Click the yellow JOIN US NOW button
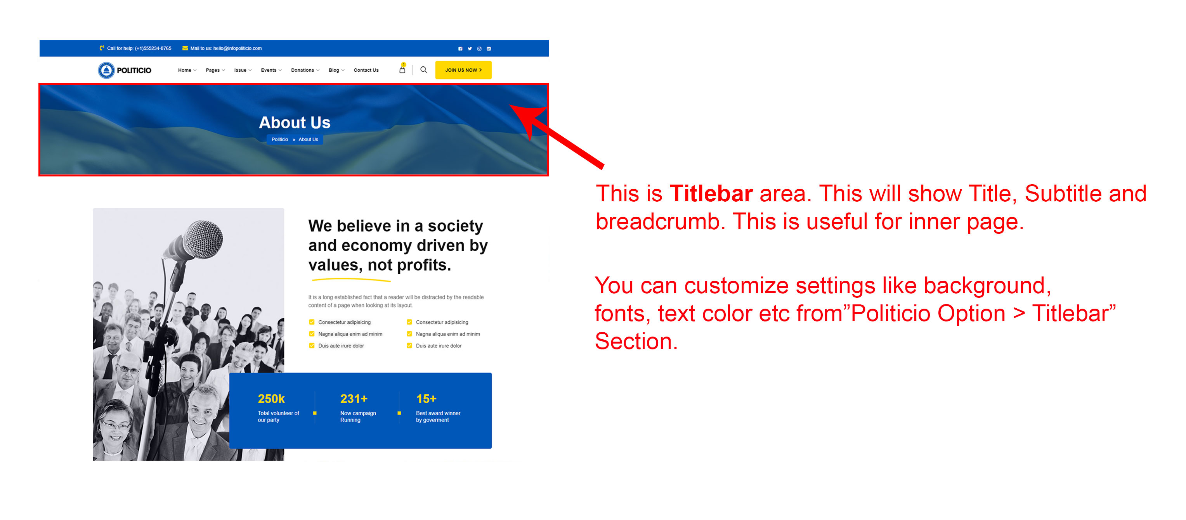pos(463,70)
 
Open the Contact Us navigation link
pos(366,70)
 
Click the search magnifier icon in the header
pos(423,70)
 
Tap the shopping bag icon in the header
pos(402,69)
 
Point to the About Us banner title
pos(295,123)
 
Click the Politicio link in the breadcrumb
pos(279,140)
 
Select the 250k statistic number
pos(271,399)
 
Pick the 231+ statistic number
pos(354,399)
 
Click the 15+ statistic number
pos(426,399)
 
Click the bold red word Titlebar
pos(711,194)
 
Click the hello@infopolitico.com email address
pos(237,48)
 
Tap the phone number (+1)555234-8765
pos(153,48)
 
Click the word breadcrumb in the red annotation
pos(657,222)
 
